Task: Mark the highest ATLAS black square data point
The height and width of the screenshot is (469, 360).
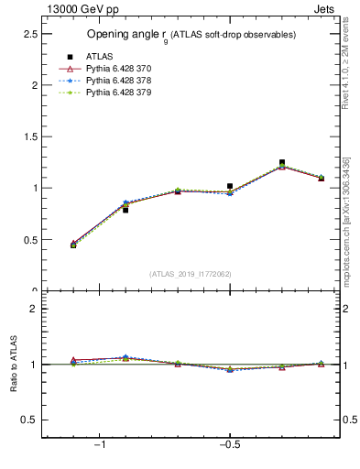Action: [282, 162]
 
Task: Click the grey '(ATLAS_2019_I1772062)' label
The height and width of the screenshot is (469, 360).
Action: [191, 274]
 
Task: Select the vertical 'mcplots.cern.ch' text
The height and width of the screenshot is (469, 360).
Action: [345, 229]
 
